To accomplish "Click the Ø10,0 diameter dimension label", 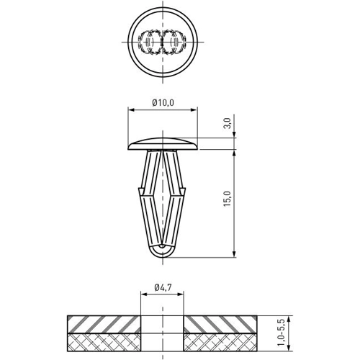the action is (x=163, y=103).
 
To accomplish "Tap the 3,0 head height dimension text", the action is (x=228, y=123).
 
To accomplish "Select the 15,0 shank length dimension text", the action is (x=228, y=199).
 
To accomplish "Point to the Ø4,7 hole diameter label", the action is (x=163, y=287).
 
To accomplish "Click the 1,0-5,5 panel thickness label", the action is (x=281, y=333).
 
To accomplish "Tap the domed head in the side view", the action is (x=163, y=144).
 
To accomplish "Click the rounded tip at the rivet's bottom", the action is (x=163, y=251).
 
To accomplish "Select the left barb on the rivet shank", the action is (x=142, y=191).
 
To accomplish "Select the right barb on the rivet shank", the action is (x=183, y=191).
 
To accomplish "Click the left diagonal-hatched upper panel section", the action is (x=104, y=325).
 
